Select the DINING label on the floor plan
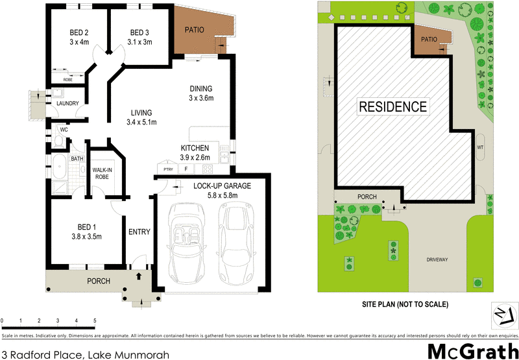(200, 89)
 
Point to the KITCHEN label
(195, 149)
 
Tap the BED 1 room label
(86, 226)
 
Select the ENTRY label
(139, 232)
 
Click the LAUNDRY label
(67, 104)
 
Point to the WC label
(64, 130)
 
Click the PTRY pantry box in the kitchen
(168, 170)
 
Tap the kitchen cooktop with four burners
(208, 170)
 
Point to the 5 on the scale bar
(95, 321)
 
